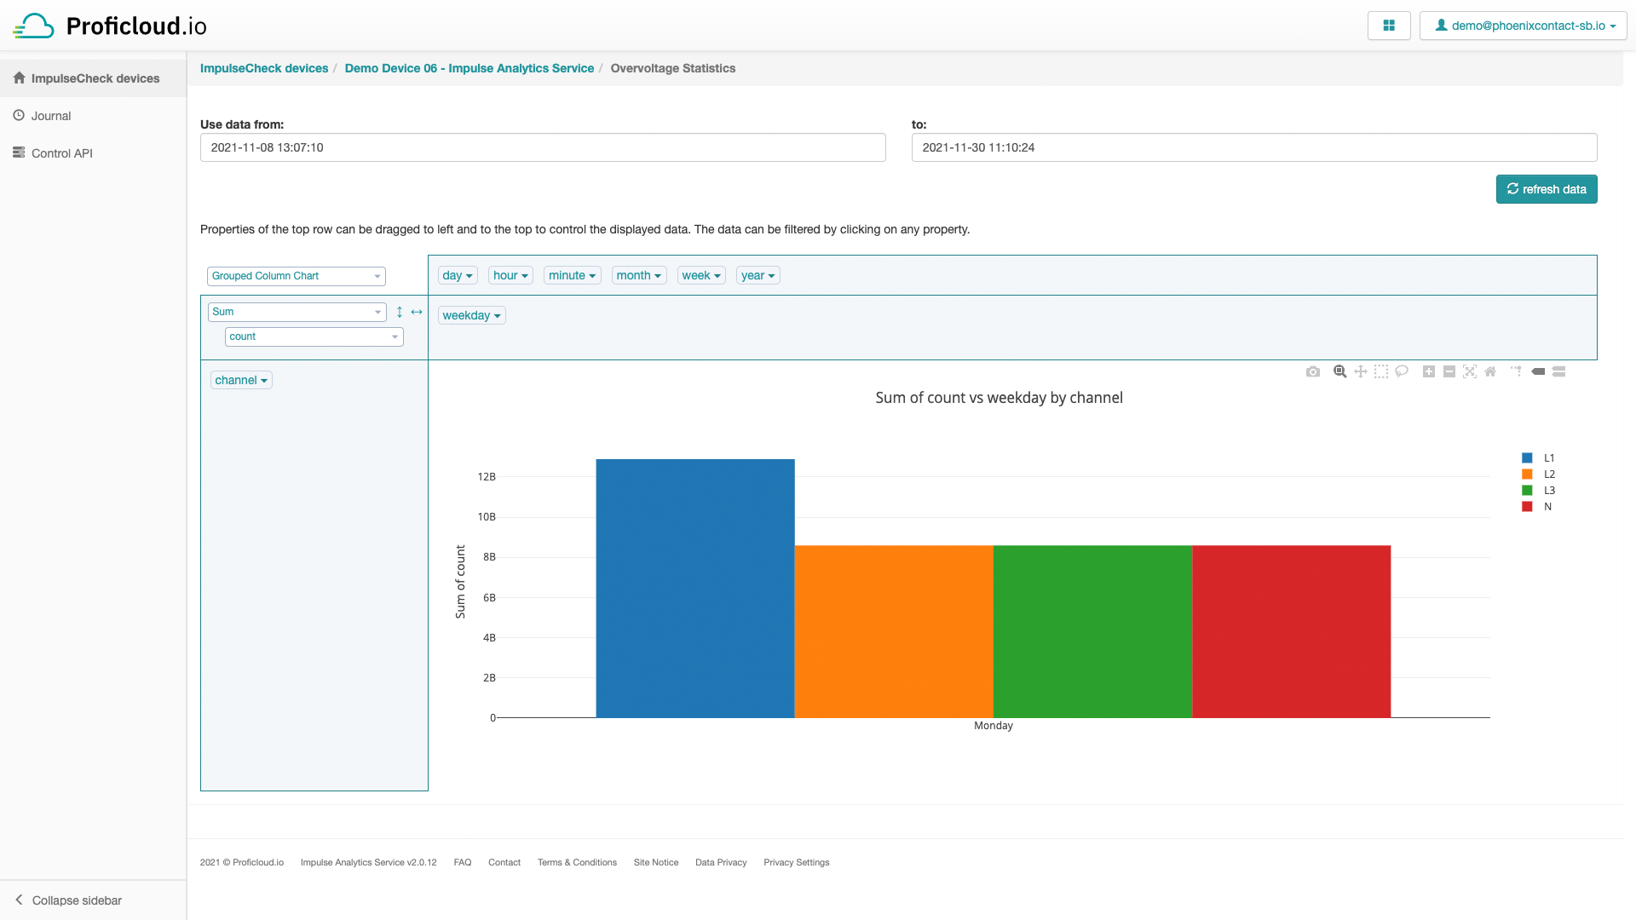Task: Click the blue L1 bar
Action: pos(694,588)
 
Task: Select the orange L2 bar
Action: pos(893,631)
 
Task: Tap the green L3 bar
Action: pos(1092,631)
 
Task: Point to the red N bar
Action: pos(1291,631)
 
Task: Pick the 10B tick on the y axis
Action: pos(487,517)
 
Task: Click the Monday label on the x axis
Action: pos(993,726)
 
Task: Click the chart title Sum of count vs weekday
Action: pos(999,398)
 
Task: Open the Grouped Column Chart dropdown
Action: pos(296,276)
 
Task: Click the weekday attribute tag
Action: pos(471,315)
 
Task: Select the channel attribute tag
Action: pos(241,380)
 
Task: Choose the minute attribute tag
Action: pos(572,275)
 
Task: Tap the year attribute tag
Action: pos(758,275)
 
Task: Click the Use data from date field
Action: pos(542,147)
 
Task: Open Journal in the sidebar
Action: pos(51,116)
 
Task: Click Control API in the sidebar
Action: pos(61,153)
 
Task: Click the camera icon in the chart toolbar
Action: pos(1312,371)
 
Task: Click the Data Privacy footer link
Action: pos(720,862)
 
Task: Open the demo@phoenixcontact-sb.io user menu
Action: pos(1524,26)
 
